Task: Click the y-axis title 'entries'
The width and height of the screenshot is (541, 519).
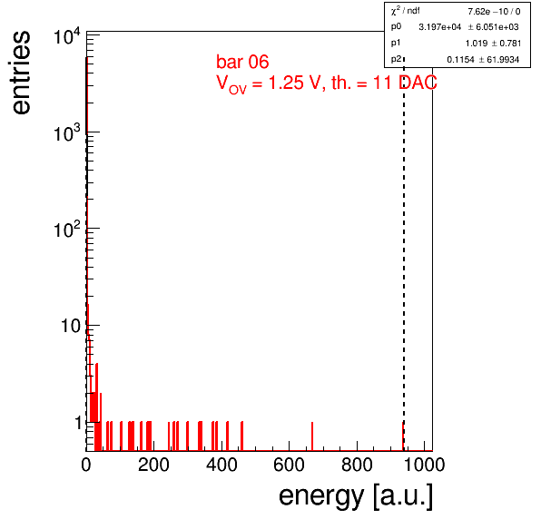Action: pos(21,73)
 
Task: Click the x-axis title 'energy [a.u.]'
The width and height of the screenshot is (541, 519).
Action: pos(356,497)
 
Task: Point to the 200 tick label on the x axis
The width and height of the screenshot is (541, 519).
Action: pos(153,465)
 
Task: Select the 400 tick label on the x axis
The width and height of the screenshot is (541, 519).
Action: pos(221,465)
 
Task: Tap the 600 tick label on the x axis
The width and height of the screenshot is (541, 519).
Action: pos(290,465)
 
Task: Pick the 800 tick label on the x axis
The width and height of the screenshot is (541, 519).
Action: pos(357,465)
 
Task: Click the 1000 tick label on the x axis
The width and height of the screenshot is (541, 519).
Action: pos(424,465)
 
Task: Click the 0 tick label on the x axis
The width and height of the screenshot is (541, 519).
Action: pos(86,465)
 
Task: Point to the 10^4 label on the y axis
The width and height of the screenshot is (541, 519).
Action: pos(67,36)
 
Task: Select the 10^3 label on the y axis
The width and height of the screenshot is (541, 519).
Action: pos(67,133)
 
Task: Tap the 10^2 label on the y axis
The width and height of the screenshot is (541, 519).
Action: pos(67,230)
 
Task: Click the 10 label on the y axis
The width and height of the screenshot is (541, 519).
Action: pos(71,326)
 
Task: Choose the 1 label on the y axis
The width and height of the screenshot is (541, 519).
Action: pos(78,423)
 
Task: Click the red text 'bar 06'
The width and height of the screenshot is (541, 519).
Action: pos(242,62)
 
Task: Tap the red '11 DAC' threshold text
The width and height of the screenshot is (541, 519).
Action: pos(405,83)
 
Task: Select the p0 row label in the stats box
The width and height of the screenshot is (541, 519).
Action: pos(396,26)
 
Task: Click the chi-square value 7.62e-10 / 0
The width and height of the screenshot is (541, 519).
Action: pos(494,12)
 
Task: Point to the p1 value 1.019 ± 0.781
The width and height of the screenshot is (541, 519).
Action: pos(493,44)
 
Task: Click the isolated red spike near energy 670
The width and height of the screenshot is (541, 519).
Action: pos(312,436)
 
